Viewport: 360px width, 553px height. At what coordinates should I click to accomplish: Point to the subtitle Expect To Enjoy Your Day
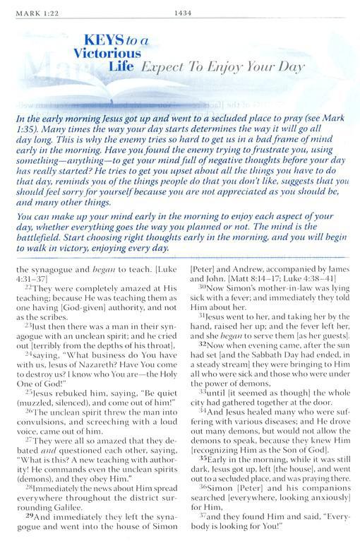coord(222,69)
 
